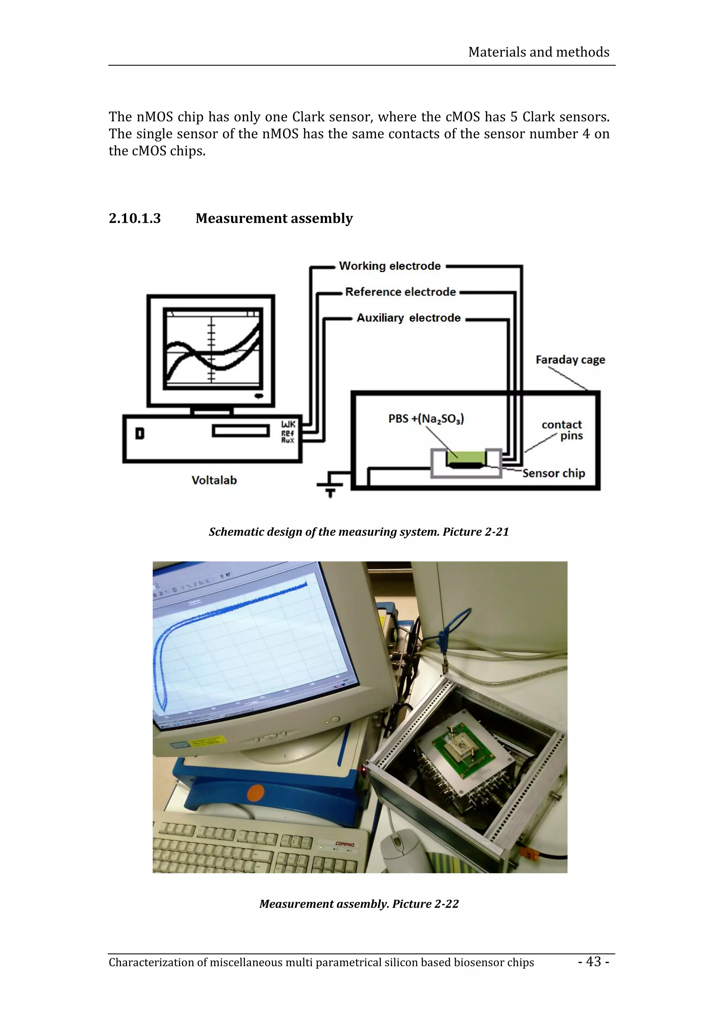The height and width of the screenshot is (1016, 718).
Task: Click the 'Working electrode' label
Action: [x=390, y=266]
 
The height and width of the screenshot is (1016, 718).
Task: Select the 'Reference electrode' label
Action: [x=400, y=292]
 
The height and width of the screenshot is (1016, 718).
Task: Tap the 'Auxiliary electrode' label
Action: [x=408, y=318]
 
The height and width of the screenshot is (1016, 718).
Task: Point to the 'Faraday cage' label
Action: [x=570, y=360]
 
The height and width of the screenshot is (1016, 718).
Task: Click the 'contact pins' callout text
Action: [x=562, y=430]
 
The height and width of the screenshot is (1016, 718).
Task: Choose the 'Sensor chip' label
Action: [x=554, y=473]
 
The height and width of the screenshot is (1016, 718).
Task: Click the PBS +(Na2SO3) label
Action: [x=426, y=419]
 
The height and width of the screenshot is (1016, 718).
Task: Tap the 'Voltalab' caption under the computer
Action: [x=214, y=480]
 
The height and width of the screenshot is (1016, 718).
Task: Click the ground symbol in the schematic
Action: [x=330, y=488]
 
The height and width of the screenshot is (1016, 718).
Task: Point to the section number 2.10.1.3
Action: [x=135, y=218]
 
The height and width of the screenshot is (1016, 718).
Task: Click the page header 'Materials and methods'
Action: [x=538, y=52]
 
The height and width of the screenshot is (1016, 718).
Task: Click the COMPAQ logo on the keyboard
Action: [x=345, y=844]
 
